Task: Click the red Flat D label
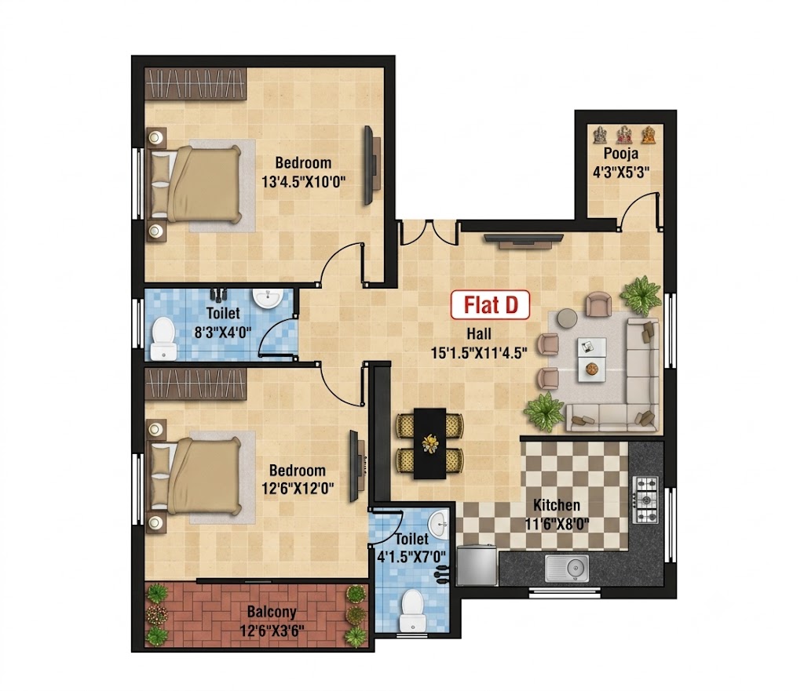tap(490, 305)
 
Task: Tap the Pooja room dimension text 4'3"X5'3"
tap(621, 172)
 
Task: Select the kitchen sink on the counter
tap(567, 568)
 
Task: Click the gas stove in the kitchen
tap(647, 500)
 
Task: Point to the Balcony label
tap(271, 612)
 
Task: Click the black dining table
tap(429, 443)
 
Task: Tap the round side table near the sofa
tap(567, 318)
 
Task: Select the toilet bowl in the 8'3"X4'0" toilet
tap(163, 338)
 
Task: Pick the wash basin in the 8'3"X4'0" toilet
tap(267, 298)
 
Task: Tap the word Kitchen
tap(557, 505)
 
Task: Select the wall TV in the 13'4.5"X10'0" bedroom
tap(370, 165)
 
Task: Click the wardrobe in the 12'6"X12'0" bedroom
tap(196, 384)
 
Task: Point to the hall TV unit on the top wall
tap(524, 241)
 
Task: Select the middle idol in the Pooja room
tap(624, 135)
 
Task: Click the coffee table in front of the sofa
tap(592, 359)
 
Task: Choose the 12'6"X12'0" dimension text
tap(298, 488)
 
